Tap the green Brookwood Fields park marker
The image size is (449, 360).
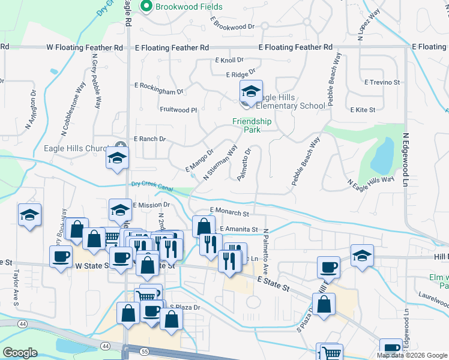[x=146, y=7]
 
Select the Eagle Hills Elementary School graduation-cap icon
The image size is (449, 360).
[x=250, y=92]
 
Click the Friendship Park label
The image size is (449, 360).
[x=252, y=125]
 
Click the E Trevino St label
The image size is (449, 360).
[x=382, y=82]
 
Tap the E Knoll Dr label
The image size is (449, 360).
[x=229, y=60]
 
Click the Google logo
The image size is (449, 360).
[x=20, y=352]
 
